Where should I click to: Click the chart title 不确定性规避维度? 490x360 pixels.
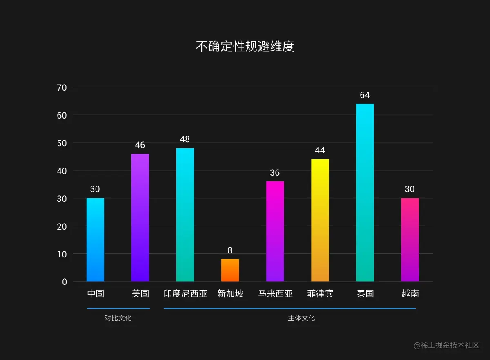pos(245,47)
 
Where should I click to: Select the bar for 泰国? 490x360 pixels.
pos(365,192)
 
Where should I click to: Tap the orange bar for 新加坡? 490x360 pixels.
pos(230,270)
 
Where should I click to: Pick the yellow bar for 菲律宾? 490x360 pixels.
pos(320,220)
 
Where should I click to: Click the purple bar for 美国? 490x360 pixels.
pos(140,217)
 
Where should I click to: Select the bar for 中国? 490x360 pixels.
pos(95,239)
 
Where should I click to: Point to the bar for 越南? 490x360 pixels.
pos(410,239)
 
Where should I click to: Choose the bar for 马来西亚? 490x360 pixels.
pos(275,231)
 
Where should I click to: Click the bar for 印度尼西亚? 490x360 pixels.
pos(185,215)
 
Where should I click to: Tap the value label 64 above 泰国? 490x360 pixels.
pos(365,95)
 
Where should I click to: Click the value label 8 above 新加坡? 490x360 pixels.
pos(230,250)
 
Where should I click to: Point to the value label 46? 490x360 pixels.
pos(140,145)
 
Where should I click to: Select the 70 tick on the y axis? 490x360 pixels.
pos(62,87)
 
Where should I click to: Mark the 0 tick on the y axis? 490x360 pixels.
pos(65,282)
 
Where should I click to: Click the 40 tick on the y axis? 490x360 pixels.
pos(62,171)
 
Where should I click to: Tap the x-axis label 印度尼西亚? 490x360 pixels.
pos(185,294)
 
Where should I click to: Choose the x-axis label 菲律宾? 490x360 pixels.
pos(320,294)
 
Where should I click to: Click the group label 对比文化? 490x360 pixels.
pos(118,318)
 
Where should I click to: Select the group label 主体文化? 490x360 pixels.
pos(301,318)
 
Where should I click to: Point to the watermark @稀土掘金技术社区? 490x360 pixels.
pos(446,345)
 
